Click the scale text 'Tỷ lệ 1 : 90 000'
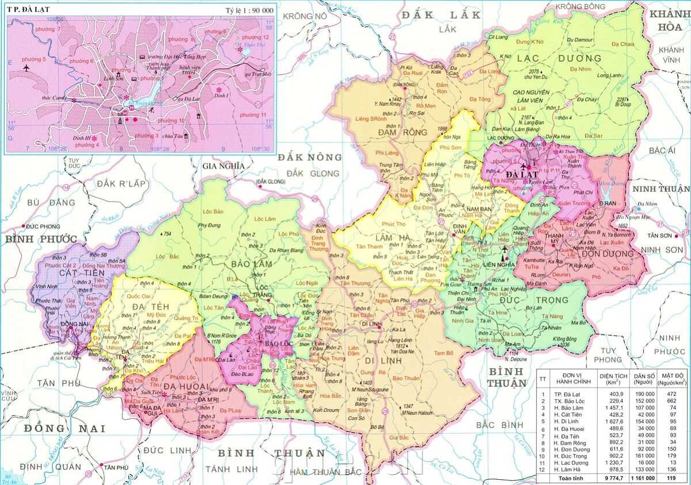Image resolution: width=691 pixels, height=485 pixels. pyautogui.click(x=249, y=11)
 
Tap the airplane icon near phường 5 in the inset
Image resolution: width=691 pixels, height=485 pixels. pyautogui.click(x=26, y=68)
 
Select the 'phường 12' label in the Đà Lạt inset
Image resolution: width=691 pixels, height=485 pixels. pyautogui.click(x=252, y=37)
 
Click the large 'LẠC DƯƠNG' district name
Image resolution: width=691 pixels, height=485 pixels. pyautogui.click(x=559, y=58)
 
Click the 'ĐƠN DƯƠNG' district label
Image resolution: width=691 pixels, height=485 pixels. pyautogui.click(x=608, y=253)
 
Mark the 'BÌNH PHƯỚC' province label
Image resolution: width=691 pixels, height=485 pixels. pyautogui.click(x=41, y=238)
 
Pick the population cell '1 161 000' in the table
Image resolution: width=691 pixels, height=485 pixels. pyautogui.click(x=640, y=478)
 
